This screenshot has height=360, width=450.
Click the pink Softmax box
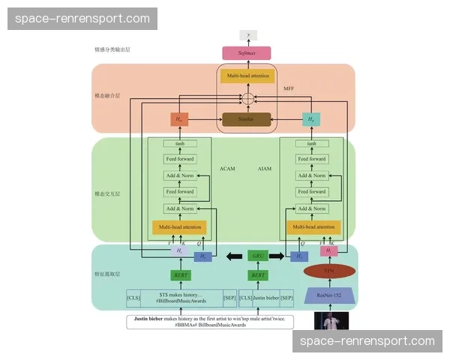pos(246,52)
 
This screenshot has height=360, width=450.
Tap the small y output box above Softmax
pos(246,34)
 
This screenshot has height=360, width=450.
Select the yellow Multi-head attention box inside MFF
pos(246,76)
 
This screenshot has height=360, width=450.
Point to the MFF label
pos(288,89)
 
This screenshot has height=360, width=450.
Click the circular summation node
pos(246,99)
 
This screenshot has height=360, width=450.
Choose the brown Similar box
pos(246,119)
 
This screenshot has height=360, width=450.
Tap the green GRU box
pos(257,256)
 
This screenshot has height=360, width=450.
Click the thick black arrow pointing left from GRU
pos(229,256)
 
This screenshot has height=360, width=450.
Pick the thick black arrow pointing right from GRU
pos(277,256)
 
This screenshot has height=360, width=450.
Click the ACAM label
pos(227,169)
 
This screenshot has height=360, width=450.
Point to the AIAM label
pos(264,169)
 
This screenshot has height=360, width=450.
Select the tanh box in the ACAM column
pos(179,143)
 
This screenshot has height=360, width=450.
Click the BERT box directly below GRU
pos(257,275)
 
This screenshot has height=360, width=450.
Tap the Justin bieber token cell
pos(265,298)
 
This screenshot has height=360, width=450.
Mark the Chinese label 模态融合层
pos(106,97)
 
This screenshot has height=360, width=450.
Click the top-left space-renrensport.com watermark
pos(83,18)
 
